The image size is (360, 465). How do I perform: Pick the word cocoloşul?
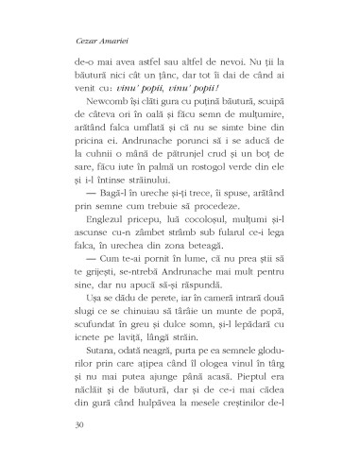coord(194,229)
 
